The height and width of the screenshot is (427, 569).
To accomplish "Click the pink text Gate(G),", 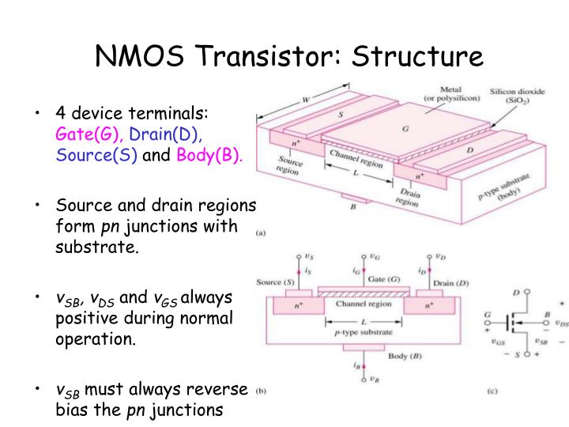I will click(88, 134).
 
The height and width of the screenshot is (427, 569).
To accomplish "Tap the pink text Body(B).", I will click(209, 154).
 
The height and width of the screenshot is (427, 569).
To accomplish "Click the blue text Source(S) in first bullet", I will click(96, 154).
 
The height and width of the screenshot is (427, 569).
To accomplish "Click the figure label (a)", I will click(260, 233).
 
